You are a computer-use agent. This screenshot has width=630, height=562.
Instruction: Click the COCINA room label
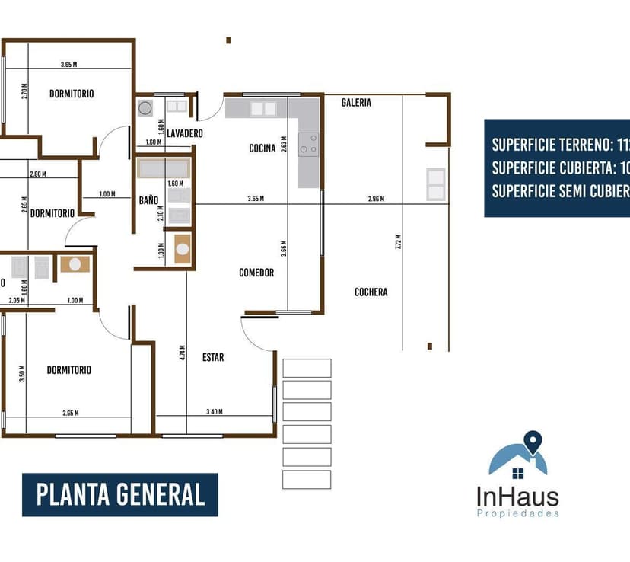[x=262, y=148]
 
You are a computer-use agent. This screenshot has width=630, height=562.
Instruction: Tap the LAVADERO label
[x=185, y=133]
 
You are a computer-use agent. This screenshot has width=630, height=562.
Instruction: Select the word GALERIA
[x=356, y=102]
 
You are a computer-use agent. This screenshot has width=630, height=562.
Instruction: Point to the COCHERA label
[x=371, y=292]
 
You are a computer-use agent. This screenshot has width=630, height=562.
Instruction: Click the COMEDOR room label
[x=256, y=273]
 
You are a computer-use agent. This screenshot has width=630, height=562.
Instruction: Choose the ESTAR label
[x=213, y=357]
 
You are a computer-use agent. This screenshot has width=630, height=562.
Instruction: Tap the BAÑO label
[x=148, y=200]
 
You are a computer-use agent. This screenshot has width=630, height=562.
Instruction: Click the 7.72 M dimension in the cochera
[x=398, y=242]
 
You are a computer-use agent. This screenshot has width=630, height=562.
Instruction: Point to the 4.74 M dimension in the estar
[x=183, y=352]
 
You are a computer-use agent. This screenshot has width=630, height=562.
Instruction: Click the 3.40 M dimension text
[x=214, y=412]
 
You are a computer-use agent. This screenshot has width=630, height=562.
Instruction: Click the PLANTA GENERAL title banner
[x=120, y=495]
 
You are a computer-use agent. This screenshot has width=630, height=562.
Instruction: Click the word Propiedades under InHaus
[x=517, y=514]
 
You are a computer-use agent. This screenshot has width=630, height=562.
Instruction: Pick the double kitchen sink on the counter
[x=263, y=109]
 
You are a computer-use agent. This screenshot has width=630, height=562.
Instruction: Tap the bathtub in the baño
[x=162, y=168]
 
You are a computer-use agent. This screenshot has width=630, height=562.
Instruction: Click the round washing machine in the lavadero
[x=145, y=108]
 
